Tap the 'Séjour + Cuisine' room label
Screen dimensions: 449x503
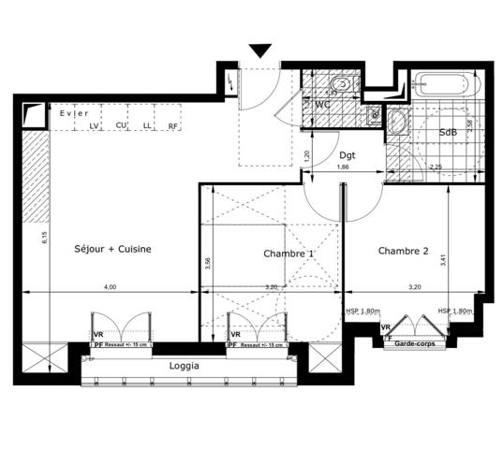tap(112, 249)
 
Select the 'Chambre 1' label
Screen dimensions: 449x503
tap(288, 253)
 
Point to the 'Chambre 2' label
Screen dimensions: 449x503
tap(404, 251)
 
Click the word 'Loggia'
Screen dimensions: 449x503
tap(183, 367)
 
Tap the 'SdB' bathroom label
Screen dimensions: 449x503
tap(448, 133)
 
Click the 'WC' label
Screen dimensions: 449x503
tap(321, 105)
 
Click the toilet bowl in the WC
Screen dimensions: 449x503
tap(344, 87)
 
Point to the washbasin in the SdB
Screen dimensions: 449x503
tap(396, 123)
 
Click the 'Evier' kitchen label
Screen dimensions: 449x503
tap(70, 114)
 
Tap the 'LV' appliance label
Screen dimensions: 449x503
tap(94, 126)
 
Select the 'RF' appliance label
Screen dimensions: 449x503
tap(173, 126)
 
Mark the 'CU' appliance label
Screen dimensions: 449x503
tap(121, 126)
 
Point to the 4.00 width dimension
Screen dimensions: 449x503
tap(111, 287)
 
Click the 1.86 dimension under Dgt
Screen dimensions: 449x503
tap(344, 167)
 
